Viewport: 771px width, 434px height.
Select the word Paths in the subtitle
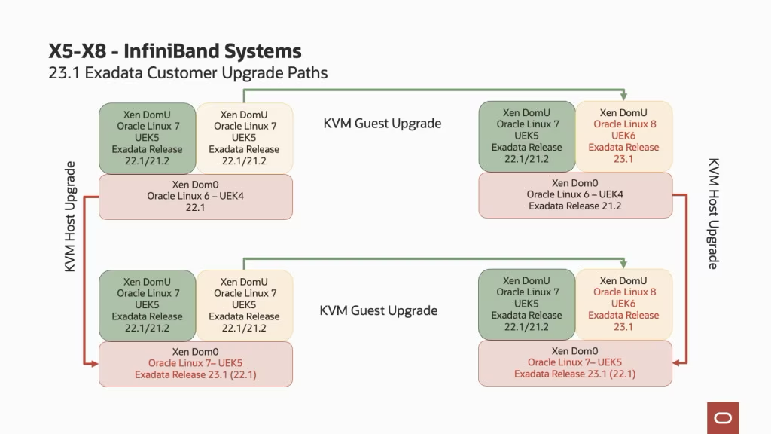306,73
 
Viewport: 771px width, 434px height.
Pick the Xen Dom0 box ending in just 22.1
196,197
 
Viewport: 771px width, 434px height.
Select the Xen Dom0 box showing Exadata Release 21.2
575,194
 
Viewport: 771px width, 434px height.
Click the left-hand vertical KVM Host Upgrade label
70,216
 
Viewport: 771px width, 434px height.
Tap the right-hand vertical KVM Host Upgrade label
713,213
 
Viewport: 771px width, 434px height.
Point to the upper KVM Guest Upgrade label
382,124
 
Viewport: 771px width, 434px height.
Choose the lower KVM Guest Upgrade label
378,310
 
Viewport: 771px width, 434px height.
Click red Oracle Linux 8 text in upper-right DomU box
624,124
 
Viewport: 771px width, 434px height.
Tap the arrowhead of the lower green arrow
623,264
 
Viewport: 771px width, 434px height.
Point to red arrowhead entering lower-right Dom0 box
678,363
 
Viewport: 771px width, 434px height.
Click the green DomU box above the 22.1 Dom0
147,138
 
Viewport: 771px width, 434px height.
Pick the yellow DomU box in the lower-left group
244,305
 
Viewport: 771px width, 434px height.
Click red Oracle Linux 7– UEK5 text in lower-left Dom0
196,363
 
